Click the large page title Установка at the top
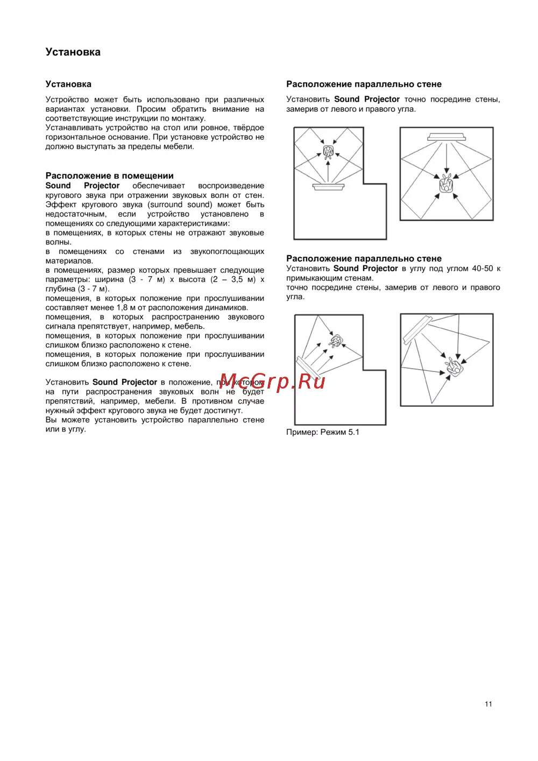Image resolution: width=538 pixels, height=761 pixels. pyautogui.click(x=73, y=52)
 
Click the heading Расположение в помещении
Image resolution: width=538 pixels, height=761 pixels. pyautogui.click(x=109, y=175)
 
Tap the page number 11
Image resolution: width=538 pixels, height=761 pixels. pyautogui.click(x=488, y=704)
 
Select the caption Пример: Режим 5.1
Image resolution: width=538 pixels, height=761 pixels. pyautogui.click(x=322, y=432)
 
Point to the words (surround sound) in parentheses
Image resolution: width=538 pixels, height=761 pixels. pyautogui.click(x=180, y=205)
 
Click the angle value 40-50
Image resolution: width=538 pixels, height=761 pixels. pyautogui.click(x=482, y=269)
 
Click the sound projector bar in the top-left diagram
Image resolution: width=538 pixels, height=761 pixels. pyautogui.click(x=328, y=187)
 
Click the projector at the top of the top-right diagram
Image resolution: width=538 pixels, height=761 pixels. pyautogui.click(x=447, y=137)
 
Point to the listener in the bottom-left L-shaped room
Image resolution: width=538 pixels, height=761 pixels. pyautogui.click(x=337, y=341)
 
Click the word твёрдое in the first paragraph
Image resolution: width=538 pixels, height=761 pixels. pyautogui.click(x=249, y=128)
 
